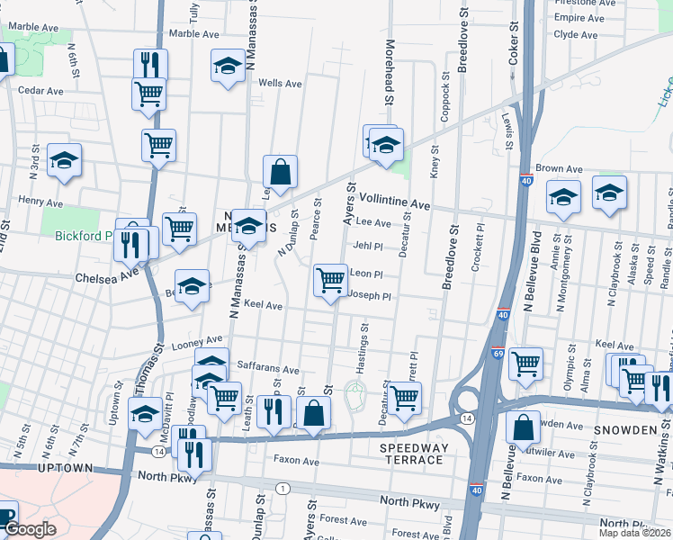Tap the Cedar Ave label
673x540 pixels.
[40, 91]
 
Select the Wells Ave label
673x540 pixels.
[280, 83]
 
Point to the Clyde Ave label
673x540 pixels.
[576, 35]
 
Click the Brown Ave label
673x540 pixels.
[559, 169]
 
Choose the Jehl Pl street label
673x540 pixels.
[368, 245]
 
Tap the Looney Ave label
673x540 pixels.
[202, 340]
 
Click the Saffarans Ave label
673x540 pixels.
[267, 369]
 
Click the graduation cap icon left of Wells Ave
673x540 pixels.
[228, 66]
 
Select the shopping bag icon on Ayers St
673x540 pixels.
[314, 414]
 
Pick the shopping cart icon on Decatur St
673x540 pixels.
[405, 397]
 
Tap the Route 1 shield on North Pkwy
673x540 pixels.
[283, 488]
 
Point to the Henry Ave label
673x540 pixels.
[40, 202]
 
